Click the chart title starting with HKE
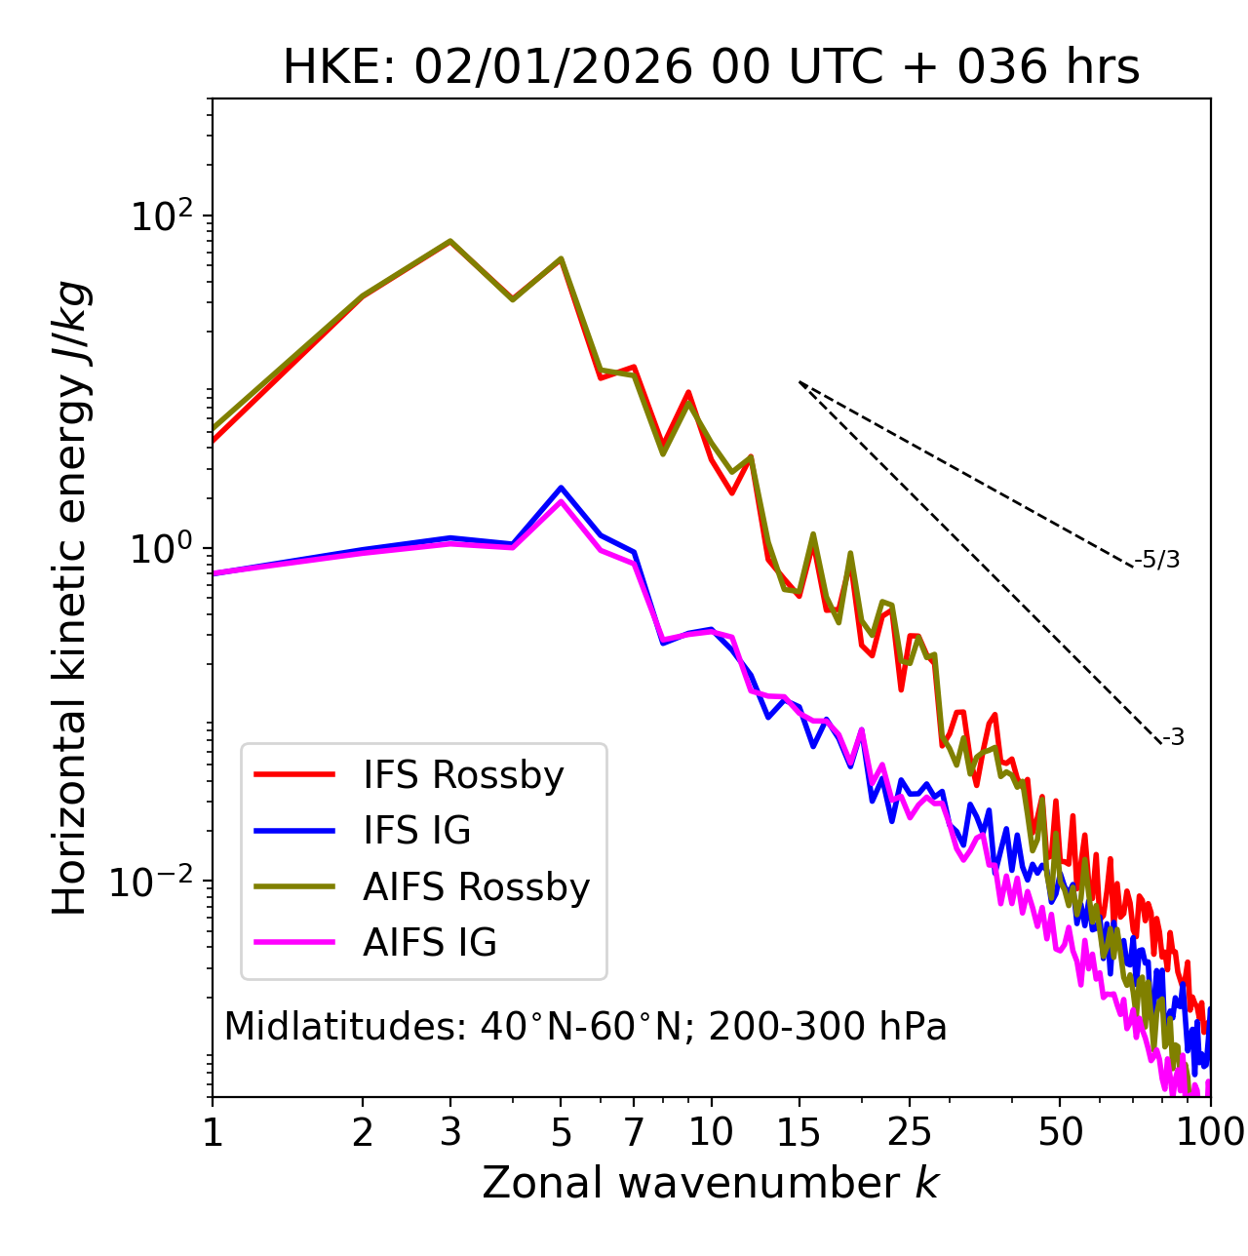click(x=711, y=68)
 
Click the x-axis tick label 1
click(x=213, y=1132)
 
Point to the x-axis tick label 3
click(x=450, y=1132)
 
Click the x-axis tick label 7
click(x=634, y=1132)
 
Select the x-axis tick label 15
click(x=799, y=1132)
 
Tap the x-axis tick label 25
click(x=910, y=1132)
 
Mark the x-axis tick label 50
click(x=1060, y=1132)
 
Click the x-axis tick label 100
click(x=1209, y=1132)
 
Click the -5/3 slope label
click(x=1157, y=560)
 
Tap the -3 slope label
click(x=1173, y=738)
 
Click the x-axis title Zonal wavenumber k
click(x=711, y=1183)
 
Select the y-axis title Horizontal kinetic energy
click(x=70, y=598)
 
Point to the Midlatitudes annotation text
click(x=585, y=1027)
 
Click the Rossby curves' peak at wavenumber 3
click(x=450, y=241)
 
